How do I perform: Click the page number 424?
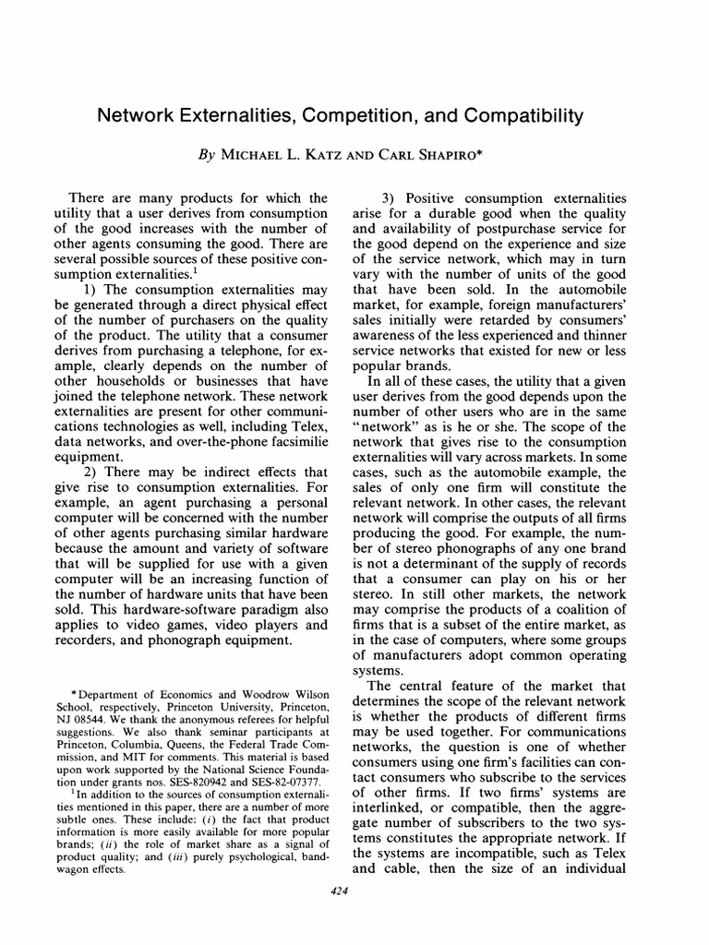354,890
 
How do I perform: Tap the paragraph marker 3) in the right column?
391,197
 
